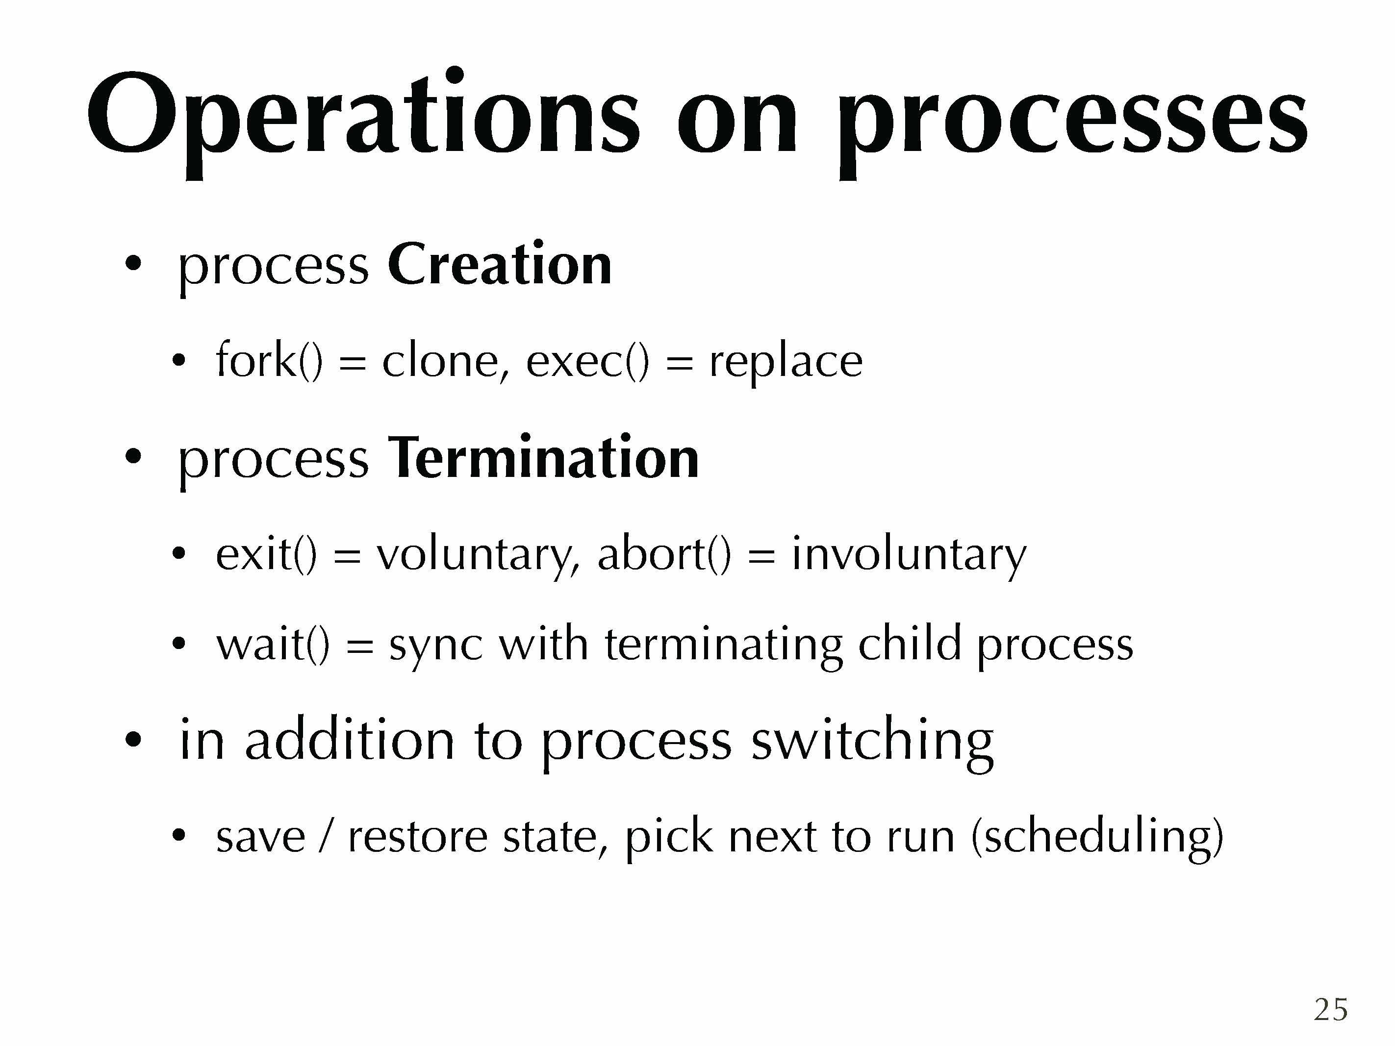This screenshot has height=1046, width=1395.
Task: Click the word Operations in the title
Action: pyautogui.click(x=363, y=120)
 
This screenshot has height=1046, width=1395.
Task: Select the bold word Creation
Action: pyautogui.click(x=500, y=265)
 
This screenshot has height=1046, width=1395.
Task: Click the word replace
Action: pyautogui.click(x=786, y=364)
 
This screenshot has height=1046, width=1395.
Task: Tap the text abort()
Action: pyautogui.click(x=664, y=553)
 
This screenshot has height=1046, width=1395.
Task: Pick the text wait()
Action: pyautogui.click(x=273, y=645)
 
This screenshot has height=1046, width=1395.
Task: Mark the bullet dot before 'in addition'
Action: pyautogui.click(x=133, y=740)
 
